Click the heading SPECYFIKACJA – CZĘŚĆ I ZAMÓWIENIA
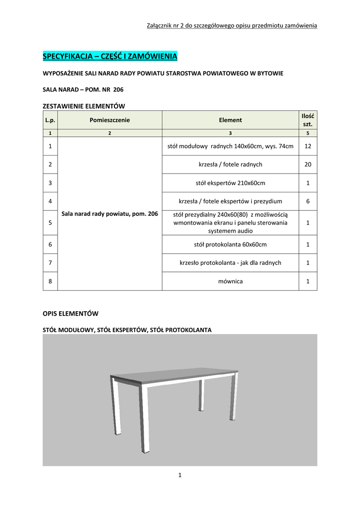110,56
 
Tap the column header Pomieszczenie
109,120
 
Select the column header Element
230,120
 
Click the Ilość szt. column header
308,120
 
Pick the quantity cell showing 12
308,146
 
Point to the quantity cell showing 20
308,165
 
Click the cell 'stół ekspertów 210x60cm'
230,183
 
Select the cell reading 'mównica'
230,281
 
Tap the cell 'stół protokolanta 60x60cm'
230,244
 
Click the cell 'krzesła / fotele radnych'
230,165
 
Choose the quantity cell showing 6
308,201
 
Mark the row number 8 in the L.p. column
50,281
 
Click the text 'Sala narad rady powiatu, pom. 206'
109,214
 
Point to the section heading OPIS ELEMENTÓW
71,314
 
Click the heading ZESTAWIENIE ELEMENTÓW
84,106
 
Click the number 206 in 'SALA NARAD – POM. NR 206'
118,90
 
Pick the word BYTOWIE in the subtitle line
268,73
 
